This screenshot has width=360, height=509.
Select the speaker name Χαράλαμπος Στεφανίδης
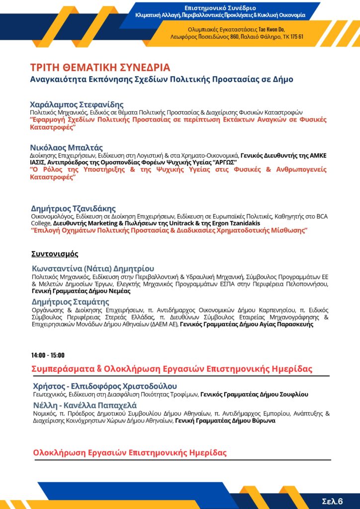[x=77, y=105]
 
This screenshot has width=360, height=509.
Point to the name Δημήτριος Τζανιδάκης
[x=73, y=208]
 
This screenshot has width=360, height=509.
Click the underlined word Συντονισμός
[x=55, y=254]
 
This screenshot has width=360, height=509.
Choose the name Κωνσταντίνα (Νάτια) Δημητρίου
[x=93, y=268]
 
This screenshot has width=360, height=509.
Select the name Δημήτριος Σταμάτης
[x=70, y=302]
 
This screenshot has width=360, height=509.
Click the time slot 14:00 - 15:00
[x=47, y=355]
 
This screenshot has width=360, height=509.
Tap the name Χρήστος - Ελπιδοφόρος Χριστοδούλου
[x=105, y=386]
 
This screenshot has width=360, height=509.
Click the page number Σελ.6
[x=333, y=501]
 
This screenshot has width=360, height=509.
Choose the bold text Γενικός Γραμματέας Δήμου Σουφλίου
[x=254, y=394]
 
